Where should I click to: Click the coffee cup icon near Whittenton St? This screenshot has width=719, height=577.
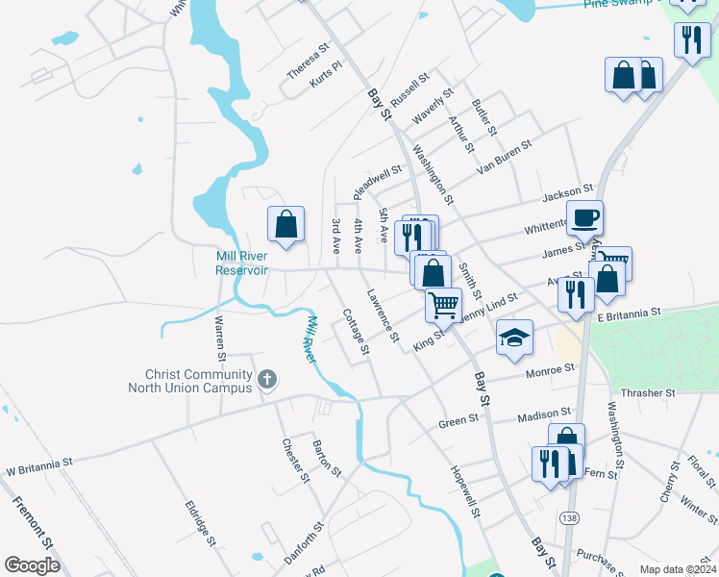(584, 218)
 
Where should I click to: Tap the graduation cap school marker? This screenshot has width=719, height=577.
(514, 338)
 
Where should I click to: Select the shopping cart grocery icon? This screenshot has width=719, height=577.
(444, 305)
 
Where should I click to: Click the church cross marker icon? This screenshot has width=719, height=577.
(267, 380)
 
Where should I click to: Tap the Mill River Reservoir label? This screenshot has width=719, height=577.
(241, 263)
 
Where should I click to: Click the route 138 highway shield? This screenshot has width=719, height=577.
(570, 518)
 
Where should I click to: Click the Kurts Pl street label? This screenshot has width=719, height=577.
(326, 76)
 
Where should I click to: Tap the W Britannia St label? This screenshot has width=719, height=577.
(39, 467)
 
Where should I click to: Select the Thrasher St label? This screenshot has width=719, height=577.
(649, 392)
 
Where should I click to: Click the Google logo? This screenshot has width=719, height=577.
(32, 565)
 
